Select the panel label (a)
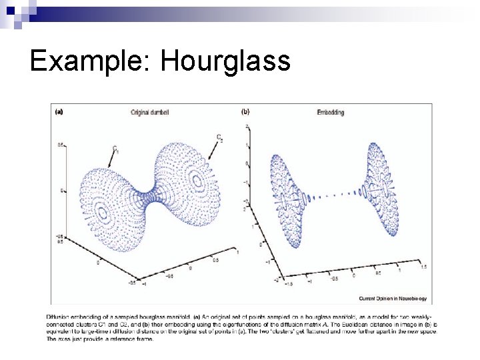click(x=58, y=112)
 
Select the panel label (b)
click(x=245, y=112)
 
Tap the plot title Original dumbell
click(x=150, y=113)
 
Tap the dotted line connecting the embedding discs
click(x=333, y=195)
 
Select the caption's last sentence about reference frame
click(x=100, y=339)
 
